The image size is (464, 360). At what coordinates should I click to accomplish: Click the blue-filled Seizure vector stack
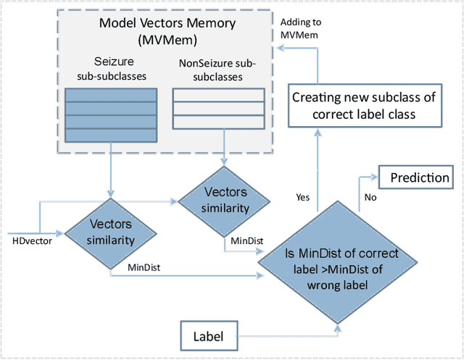point(110,116)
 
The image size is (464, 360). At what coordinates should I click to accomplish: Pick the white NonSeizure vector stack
point(218,108)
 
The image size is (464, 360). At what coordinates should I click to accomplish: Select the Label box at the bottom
point(208,337)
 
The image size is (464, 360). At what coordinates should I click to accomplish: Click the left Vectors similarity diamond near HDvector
point(110,233)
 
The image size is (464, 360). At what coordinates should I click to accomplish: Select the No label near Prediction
point(371,196)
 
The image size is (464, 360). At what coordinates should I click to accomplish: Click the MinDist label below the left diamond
point(143,268)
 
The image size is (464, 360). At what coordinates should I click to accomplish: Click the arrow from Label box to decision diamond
point(290,336)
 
